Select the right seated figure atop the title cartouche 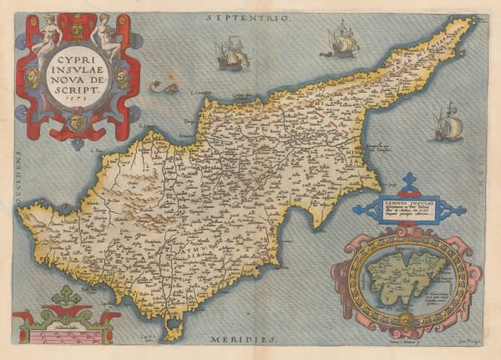[106, 38]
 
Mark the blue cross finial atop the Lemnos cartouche [407, 182]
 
